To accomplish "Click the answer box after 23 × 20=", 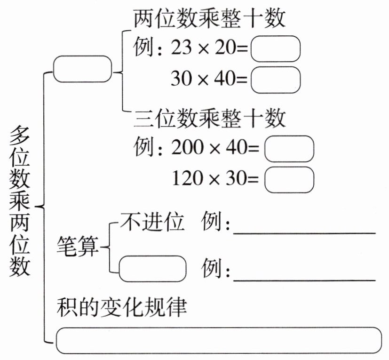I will (x=275, y=48).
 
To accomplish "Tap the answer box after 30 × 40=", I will (x=275, y=79).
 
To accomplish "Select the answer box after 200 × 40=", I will (x=289, y=149).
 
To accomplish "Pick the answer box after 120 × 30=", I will (x=289, y=179).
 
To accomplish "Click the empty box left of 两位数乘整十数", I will (x=82, y=69).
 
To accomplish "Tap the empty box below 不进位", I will (x=152, y=269).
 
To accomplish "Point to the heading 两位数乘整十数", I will (x=210, y=20).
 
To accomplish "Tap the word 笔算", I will (x=78, y=246).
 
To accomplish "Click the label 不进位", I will (x=152, y=223).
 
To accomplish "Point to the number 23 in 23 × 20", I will (x=181, y=48).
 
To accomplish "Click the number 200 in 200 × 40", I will (x=187, y=149).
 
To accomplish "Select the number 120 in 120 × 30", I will (x=187, y=179).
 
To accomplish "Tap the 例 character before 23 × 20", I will (x=143, y=48).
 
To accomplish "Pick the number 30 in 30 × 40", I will (x=181, y=79).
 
